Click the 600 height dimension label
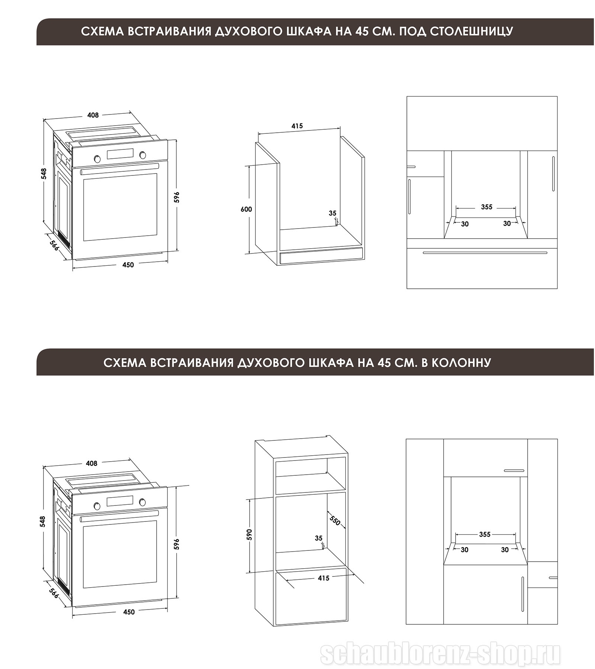246,209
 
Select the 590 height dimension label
249,534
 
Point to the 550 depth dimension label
335,521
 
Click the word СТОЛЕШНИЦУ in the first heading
472,31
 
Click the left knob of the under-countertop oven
97,159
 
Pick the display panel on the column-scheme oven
120,501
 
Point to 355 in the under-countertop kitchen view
486,207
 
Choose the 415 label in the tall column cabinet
324,578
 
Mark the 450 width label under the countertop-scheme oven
128,265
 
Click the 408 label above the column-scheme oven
91,463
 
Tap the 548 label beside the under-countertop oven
44,174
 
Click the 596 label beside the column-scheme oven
177,544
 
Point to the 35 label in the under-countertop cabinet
332,213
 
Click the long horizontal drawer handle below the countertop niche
485,253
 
